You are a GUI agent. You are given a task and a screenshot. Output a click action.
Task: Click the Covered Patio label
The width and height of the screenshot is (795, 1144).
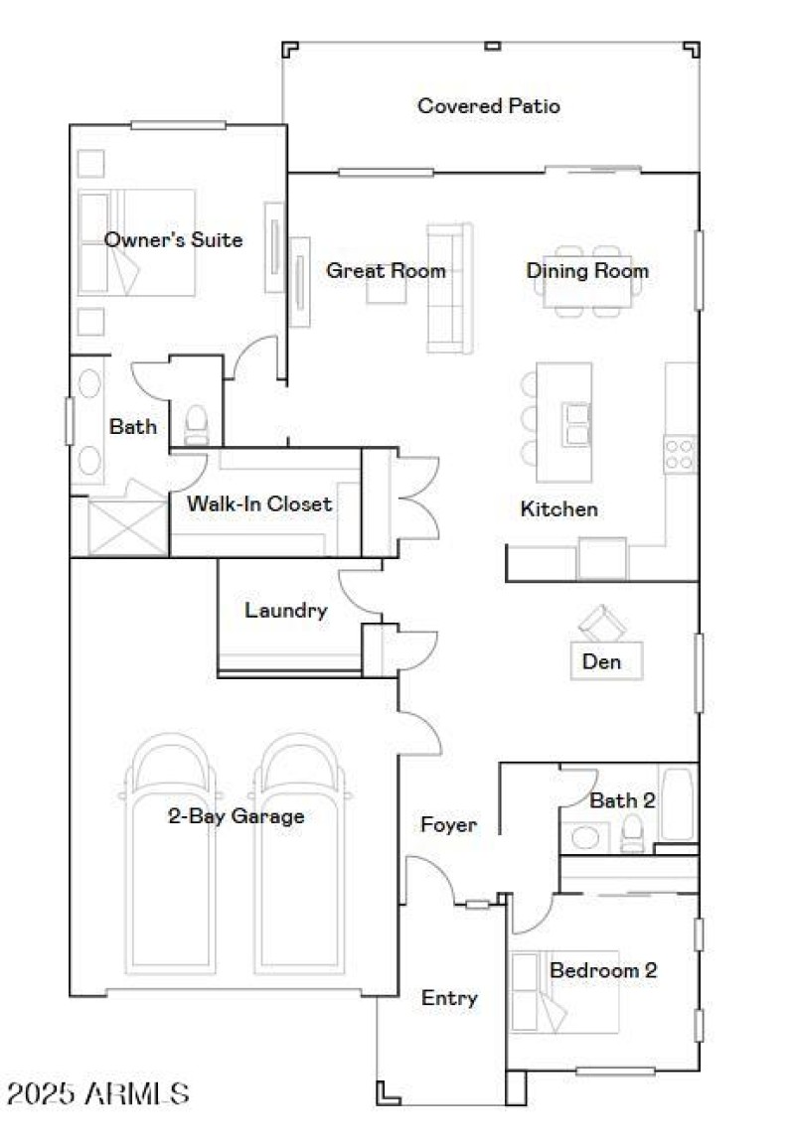(x=488, y=105)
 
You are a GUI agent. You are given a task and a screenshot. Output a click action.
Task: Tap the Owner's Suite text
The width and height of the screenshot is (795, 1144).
(x=173, y=239)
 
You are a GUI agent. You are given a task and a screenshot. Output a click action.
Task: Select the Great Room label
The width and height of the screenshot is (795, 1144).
(x=386, y=270)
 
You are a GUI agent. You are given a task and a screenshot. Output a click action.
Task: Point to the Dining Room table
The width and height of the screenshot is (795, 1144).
(x=587, y=281)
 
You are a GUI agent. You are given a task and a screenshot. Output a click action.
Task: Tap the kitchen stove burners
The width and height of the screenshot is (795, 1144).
(x=680, y=455)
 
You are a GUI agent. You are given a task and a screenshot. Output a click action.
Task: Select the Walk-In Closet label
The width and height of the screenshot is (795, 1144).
(x=259, y=503)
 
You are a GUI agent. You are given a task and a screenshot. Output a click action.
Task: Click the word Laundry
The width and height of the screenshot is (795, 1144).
(x=286, y=610)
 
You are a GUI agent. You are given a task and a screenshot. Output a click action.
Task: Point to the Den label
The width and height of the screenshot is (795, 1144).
(x=601, y=660)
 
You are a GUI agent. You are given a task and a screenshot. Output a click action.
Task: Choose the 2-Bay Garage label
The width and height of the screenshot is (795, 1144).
(x=236, y=816)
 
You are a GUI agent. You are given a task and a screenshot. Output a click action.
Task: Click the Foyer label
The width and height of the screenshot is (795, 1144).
(x=448, y=824)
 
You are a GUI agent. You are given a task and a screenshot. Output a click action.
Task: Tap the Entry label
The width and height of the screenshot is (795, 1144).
(x=449, y=998)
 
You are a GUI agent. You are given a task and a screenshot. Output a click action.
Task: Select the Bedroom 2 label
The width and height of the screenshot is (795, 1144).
(x=603, y=969)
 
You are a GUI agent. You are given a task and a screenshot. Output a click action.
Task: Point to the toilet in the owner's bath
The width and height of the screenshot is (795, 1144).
(x=196, y=425)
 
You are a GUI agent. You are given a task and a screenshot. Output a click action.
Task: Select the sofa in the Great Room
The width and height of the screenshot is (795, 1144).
(x=449, y=288)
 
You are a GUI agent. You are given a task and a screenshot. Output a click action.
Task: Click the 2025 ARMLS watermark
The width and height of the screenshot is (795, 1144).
(x=97, y=1094)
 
